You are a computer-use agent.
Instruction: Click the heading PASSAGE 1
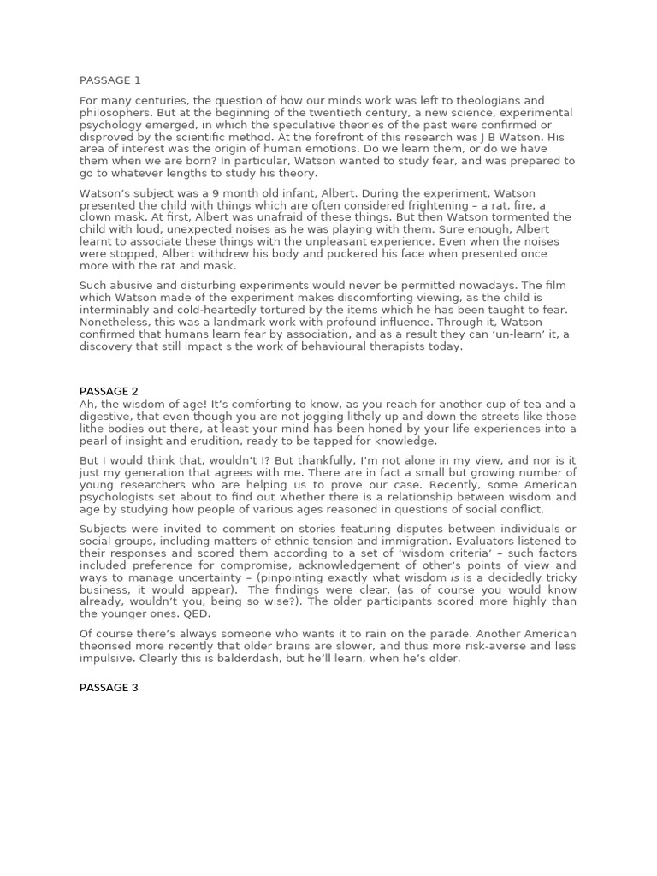pos(110,80)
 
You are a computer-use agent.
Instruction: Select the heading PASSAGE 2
pos(110,391)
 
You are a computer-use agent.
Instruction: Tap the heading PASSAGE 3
pos(110,687)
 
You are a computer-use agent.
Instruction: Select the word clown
pos(95,217)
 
